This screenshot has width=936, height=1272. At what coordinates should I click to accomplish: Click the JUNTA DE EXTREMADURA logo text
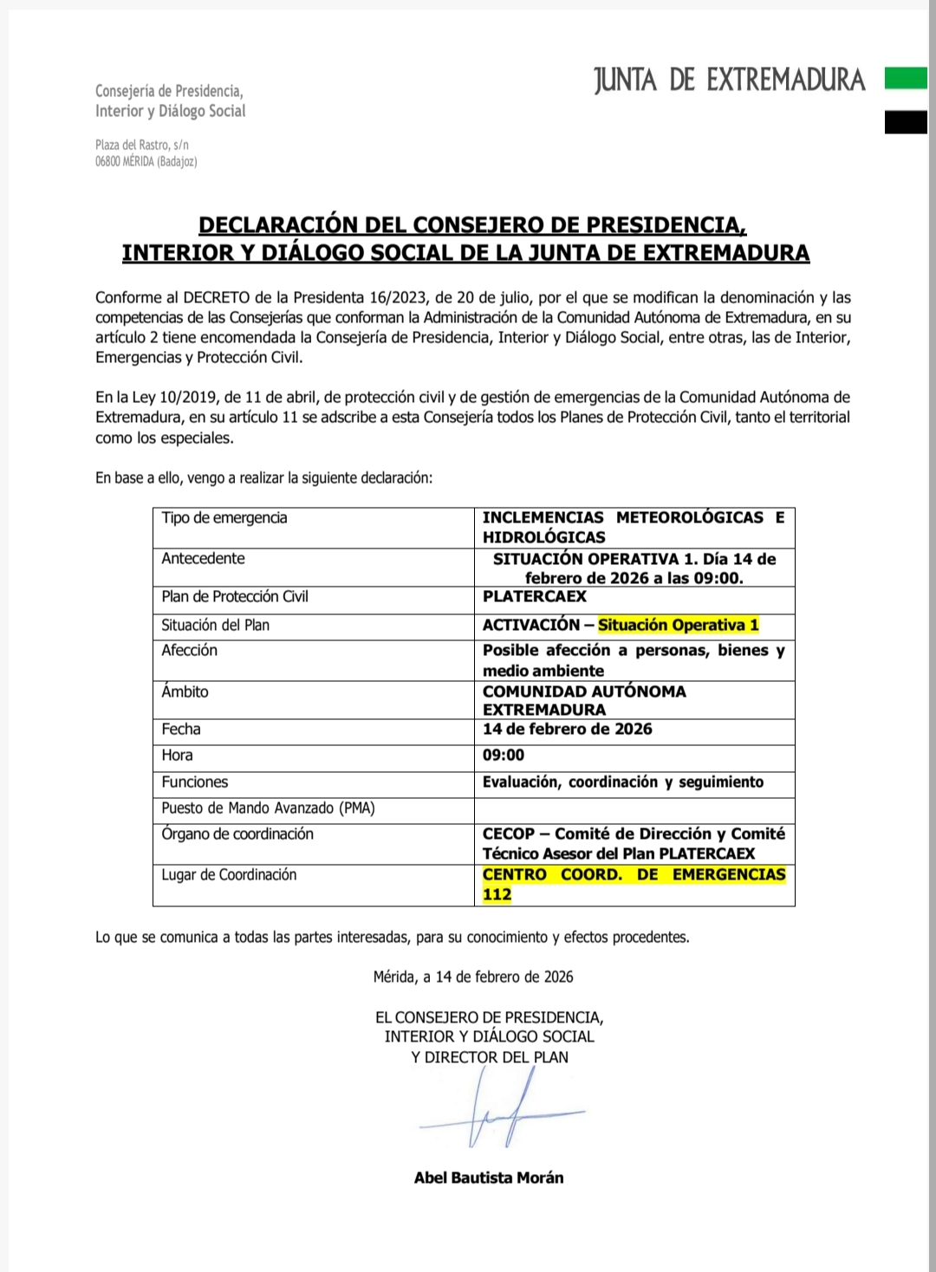pyautogui.click(x=730, y=81)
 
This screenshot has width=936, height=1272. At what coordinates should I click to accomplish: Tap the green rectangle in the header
pyautogui.click(x=906, y=80)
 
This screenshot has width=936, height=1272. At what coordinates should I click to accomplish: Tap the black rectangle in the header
pyautogui.click(x=906, y=123)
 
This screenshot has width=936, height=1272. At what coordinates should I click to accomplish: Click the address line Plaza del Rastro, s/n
pyautogui.click(x=142, y=145)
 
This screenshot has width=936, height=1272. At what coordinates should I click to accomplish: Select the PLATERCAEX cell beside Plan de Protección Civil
pyautogui.click(x=535, y=597)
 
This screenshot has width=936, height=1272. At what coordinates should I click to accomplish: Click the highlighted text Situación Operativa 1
pyautogui.click(x=679, y=625)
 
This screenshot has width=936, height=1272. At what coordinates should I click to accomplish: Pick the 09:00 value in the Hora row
pyautogui.click(x=504, y=756)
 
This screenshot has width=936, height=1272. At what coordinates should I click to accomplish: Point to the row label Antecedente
pyautogui.click(x=203, y=559)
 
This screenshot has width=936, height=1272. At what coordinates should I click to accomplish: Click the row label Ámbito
pyautogui.click(x=185, y=692)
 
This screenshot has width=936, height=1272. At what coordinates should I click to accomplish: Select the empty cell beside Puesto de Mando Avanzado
pyautogui.click(x=634, y=808)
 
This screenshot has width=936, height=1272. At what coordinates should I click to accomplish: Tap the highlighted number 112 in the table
pyautogui.click(x=497, y=894)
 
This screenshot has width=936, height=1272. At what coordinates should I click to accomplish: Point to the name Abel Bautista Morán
pyautogui.click(x=489, y=1178)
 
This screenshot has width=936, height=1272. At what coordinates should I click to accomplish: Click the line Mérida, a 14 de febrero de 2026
pyautogui.click(x=473, y=977)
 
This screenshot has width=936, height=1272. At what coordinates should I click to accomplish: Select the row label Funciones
pyautogui.click(x=195, y=782)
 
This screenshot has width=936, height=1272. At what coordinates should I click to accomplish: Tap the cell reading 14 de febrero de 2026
pyautogui.click(x=568, y=730)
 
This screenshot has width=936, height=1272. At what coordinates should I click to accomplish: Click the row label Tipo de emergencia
pyautogui.click(x=224, y=518)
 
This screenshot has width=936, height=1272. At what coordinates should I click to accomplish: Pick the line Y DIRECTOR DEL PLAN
pyautogui.click(x=490, y=1057)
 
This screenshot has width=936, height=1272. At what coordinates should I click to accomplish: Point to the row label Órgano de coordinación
pyautogui.click(x=237, y=834)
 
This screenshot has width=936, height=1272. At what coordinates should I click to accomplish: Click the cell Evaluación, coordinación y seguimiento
pyautogui.click(x=623, y=782)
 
